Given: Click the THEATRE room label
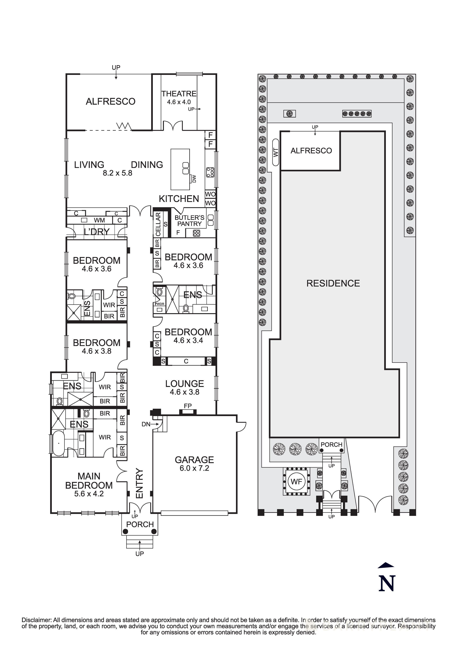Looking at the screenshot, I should pyautogui.click(x=179, y=93).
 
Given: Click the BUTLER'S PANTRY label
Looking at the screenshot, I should pyautogui.click(x=189, y=221).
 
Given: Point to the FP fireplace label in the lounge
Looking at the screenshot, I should pyautogui.click(x=188, y=406).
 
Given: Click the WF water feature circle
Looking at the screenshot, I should pyautogui.click(x=296, y=482).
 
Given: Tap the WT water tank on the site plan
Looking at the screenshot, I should pyautogui.click(x=276, y=153).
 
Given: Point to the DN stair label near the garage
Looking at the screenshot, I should pyautogui.click(x=146, y=424).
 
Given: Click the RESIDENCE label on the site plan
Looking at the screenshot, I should pyautogui.click(x=333, y=283).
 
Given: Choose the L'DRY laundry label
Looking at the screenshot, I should pyautogui.click(x=97, y=232).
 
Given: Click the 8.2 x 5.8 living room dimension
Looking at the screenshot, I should pyautogui.click(x=117, y=173).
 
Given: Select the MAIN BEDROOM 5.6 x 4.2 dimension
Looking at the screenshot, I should pyautogui.click(x=89, y=494).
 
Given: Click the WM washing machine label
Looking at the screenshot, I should pyautogui.click(x=99, y=220).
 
